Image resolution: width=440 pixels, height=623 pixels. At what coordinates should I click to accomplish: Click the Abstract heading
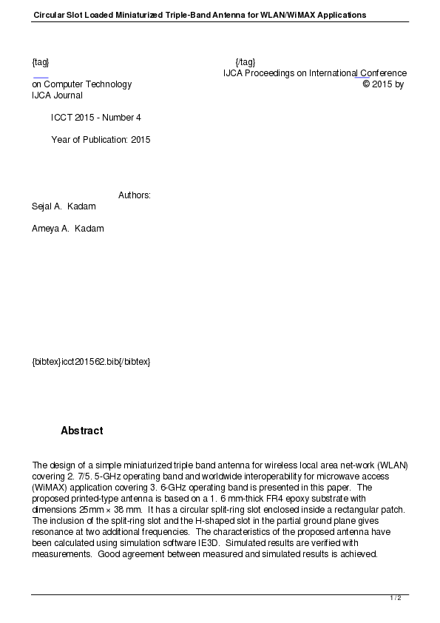pyautogui.click(x=81, y=431)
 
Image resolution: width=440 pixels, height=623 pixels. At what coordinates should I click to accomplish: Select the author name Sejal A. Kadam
pyautogui.click(x=64, y=206)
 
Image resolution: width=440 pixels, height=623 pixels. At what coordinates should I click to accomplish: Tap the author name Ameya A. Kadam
pyautogui.click(x=67, y=229)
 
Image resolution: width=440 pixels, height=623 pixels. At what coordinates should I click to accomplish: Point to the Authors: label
pyautogui.click(x=135, y=195)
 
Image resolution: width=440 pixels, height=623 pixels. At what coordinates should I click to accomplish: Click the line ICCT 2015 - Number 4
pyautogui.click(x=95, y=118)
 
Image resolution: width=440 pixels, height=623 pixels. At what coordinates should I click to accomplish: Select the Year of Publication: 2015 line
pyautogui.click(x=101, y=140)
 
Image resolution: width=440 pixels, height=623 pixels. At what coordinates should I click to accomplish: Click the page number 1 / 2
pyautogui.click(x=396, y=598)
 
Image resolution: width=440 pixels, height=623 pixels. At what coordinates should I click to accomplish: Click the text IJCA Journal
pyautogui.click(x=57, y=95)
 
